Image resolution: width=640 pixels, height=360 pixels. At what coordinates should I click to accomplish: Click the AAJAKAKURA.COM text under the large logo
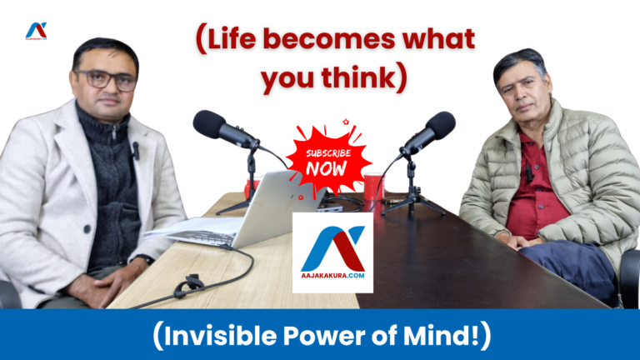[x=332, y=274]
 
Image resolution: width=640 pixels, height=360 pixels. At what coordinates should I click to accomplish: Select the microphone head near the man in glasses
[x=213, y=126]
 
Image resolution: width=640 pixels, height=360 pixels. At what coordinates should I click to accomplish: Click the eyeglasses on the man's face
[x=106, y=80]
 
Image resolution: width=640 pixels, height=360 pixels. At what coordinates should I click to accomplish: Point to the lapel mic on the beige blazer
[x=136, y=151]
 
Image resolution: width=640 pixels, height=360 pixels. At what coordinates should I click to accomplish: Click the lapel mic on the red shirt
[x=527, y=173]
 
